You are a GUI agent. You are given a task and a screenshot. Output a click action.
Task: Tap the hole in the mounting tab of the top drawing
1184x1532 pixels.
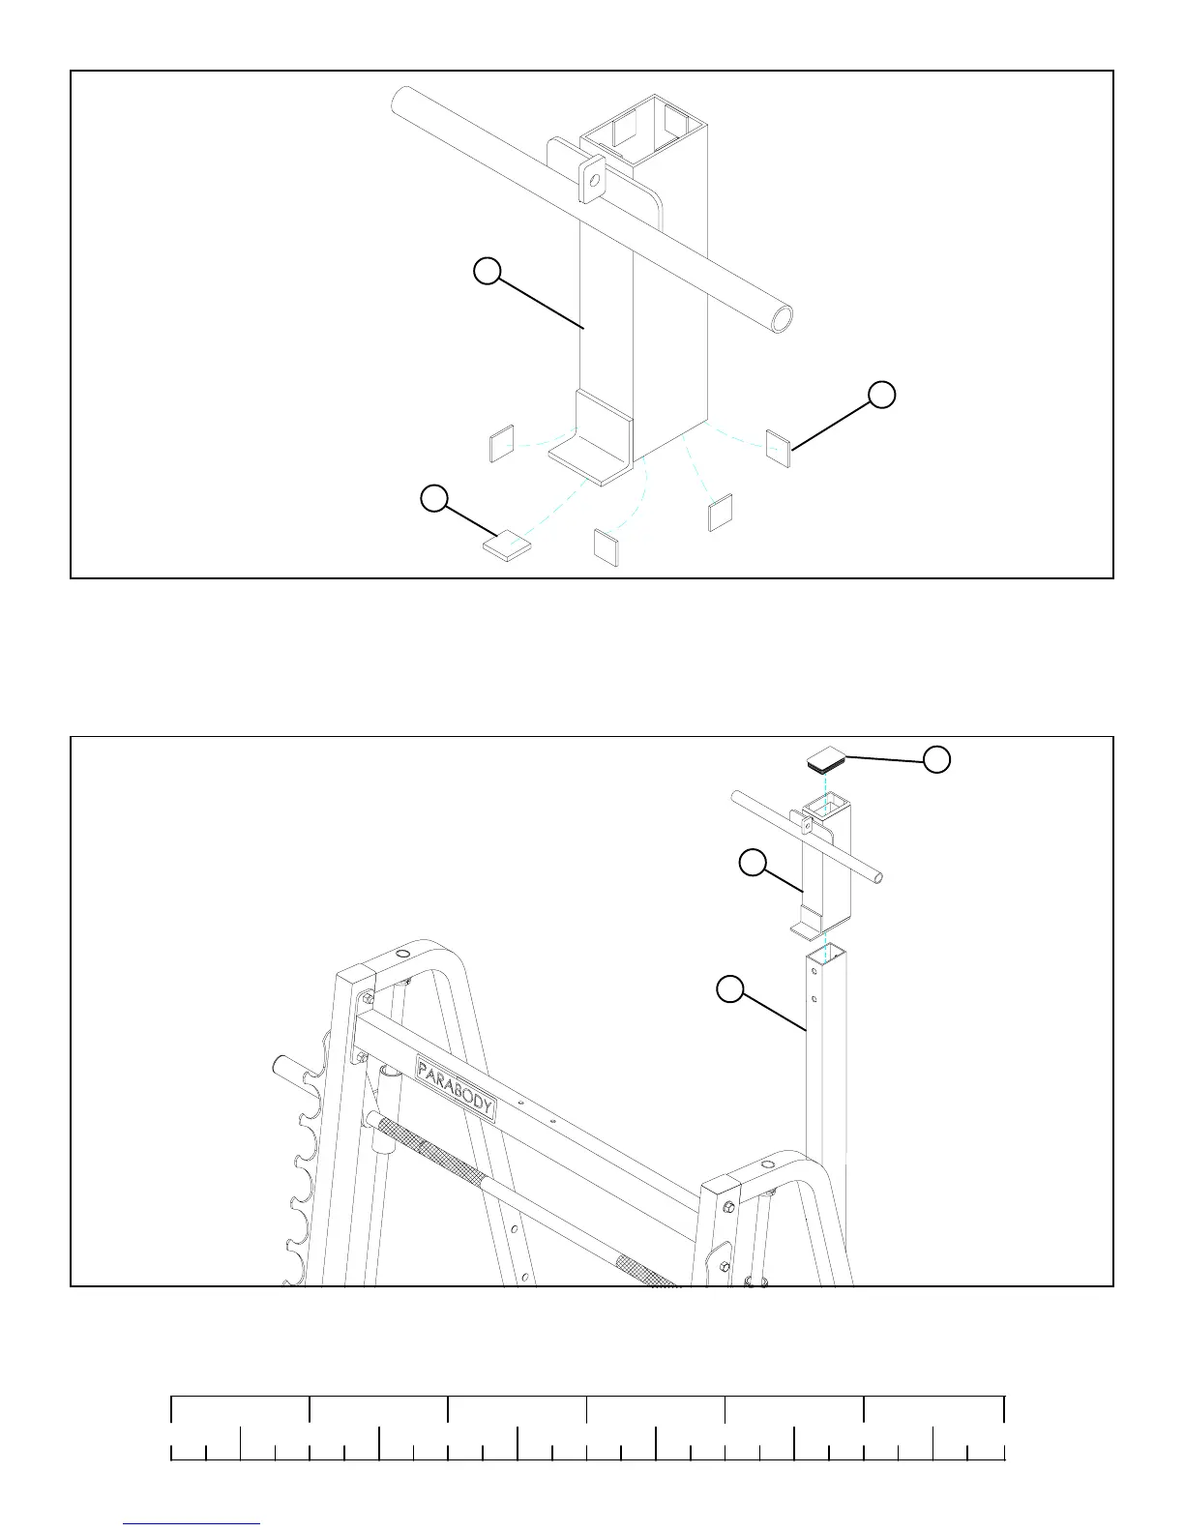(592, 179)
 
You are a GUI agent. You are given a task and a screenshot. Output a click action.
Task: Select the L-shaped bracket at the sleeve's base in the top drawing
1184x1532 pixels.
(592, 445)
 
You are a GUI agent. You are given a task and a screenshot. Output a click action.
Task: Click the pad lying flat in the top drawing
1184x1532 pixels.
(507, 546)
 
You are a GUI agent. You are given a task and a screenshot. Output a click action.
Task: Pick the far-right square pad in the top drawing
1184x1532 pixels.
(779, 447)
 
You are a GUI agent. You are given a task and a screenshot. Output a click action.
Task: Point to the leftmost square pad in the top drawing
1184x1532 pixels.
(500, 445)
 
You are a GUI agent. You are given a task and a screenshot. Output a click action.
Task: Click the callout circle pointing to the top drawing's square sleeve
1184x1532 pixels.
(488, 271)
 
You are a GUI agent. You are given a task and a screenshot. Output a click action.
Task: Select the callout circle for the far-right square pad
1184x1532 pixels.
(881, 395)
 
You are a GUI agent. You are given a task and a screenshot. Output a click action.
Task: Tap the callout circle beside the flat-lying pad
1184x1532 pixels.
(434, 498)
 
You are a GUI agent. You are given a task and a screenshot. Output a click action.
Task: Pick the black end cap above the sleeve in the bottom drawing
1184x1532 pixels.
(825, 759)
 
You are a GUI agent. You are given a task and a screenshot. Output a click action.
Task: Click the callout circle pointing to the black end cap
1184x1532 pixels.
(935, 759)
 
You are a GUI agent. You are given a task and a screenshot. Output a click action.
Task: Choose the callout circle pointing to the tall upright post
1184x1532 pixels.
(730, 989)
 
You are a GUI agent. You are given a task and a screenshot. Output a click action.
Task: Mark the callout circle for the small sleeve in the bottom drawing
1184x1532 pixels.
(753, 863)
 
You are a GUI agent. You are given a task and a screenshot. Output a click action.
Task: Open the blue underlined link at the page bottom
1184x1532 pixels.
(192, 1524)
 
